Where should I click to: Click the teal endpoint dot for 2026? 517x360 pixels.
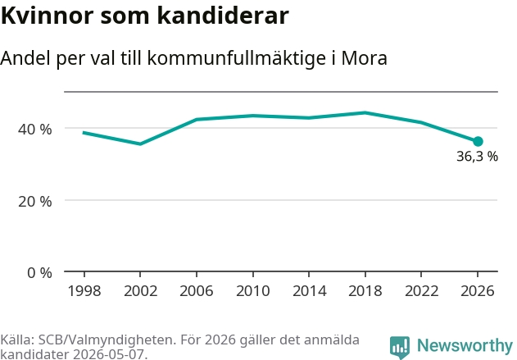pyautogui.click(x=478, y=142)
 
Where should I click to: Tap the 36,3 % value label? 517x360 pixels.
pyautogui.click(x=477, y=157)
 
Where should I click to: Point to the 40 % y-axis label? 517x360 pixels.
pyautogui.click(x=35, y=129)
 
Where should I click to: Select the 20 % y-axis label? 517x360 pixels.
pyautogui.click(x=35, y=201)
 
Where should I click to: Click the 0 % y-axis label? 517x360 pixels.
pyautogui.click(x=39, y=273)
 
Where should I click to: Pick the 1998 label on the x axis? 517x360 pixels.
pyautogui.click(x=84, y=291)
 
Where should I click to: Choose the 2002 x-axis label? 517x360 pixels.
pyautogui.click(x=140, y=291)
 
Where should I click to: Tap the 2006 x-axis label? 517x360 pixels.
pyautogui.click(x=197, y=291)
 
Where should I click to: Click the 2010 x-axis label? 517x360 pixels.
pyautogui.click(x=253, y=291)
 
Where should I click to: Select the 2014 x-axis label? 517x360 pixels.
pyautogui.click(x=309, y=291)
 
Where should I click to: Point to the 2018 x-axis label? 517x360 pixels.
pyautogui.click(x=365, y=291)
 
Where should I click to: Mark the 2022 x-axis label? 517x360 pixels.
pyautogui.click(x=421, y=291)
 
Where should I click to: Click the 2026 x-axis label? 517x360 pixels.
pyautogui.click(x=478, y=291)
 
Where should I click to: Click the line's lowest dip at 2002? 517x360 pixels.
pyautogui.click(x=140, y=144)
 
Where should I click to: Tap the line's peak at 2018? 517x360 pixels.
pyautogui.click(x=365, y=113)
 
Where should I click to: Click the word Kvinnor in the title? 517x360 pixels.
pyautogui.click(x=48, y=16)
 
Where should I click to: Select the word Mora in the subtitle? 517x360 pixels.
pyautogui.click(x=364, y=58)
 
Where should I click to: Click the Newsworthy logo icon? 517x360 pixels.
pyautogui.click(x=400, y=347)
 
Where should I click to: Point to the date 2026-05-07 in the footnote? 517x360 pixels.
pyautogui.click(x=108, y=354)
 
